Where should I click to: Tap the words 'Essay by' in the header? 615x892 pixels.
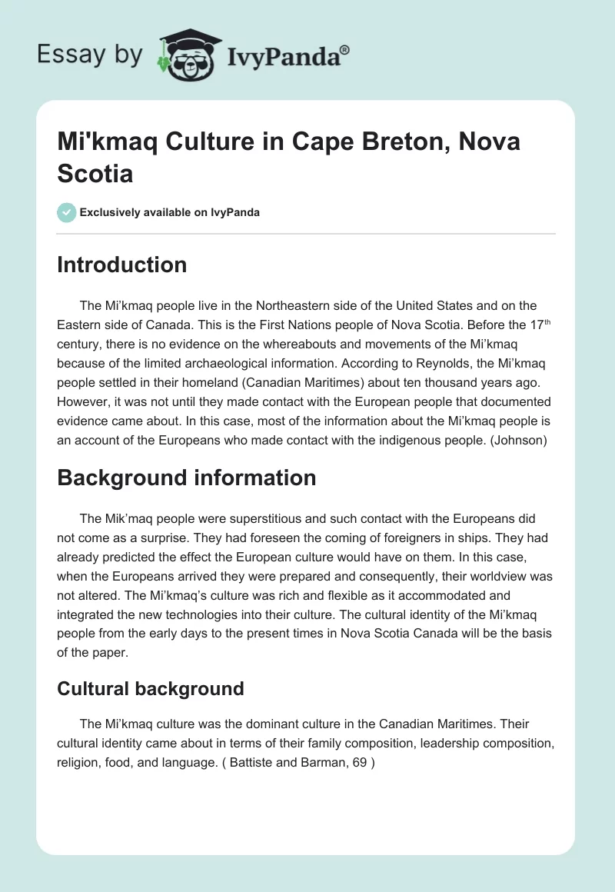point(91,54)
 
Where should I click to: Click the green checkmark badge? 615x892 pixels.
point(67,212)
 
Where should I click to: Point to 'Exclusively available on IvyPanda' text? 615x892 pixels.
point(170,212)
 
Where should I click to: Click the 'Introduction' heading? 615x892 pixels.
point(121,265)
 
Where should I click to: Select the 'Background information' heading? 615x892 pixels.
point(186,478)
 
